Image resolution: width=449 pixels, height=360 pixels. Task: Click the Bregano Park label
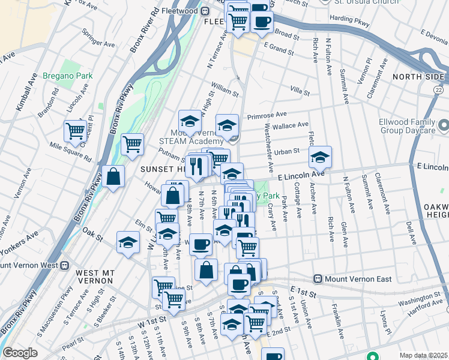67,76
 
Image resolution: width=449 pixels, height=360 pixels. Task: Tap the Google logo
20,353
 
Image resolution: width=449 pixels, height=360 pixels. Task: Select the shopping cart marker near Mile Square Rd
75,131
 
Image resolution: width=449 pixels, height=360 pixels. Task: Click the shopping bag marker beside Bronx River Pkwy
113,176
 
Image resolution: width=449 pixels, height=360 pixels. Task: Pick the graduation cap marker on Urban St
321,157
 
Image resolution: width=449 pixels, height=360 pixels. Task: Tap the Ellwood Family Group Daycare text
410,126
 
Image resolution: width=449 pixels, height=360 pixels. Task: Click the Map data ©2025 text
423,355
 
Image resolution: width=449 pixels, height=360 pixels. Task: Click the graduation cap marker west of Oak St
128,242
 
